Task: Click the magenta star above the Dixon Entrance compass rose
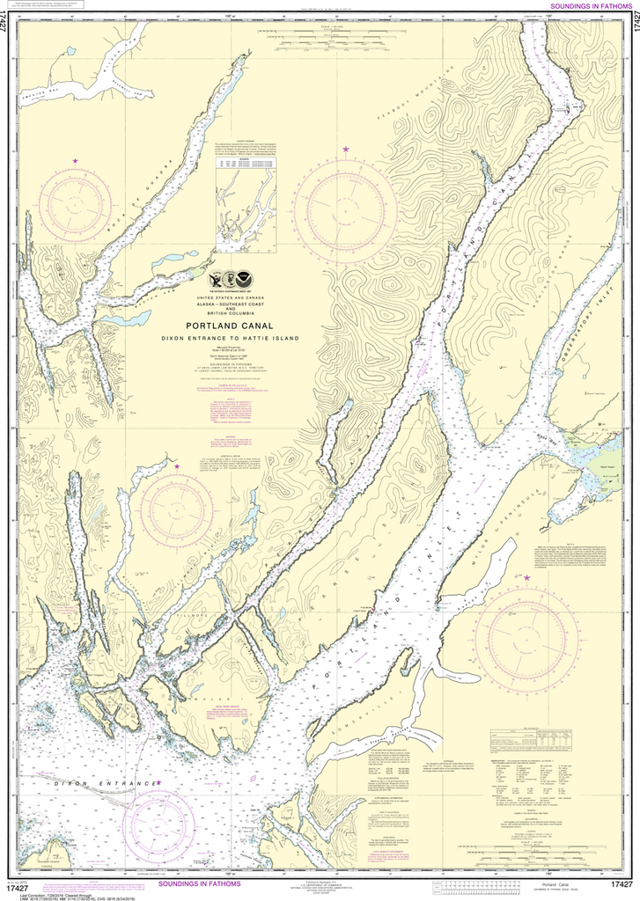pyautogui.click(x=159, y=781)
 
